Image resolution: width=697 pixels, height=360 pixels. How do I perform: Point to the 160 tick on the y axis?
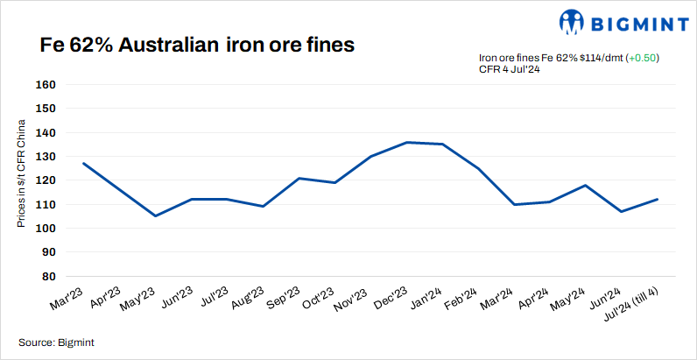click(x=46, y=86)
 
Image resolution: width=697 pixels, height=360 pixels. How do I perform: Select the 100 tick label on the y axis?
click(x=46, y=229)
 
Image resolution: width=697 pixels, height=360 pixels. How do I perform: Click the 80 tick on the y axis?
click(x=49, y=276)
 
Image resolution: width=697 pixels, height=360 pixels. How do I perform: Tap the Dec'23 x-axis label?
click(x=393, y=298)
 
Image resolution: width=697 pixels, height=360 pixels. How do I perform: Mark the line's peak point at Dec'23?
click(x=407, y=142)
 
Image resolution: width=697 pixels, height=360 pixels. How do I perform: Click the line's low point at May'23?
click(x=155, y=215)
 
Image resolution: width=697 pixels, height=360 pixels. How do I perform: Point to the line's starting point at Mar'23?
click(x=83, y=163)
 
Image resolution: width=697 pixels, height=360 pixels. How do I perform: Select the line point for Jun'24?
click(x=622, y=211)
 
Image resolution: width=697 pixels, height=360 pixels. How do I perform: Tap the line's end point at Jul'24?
click(x=658, y=199)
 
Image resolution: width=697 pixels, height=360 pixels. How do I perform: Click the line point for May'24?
click(x=586, y=185)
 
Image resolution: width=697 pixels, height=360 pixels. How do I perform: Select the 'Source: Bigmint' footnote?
click(x=56, y=342)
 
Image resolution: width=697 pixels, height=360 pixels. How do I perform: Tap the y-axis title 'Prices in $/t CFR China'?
click(x=22, y=176)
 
